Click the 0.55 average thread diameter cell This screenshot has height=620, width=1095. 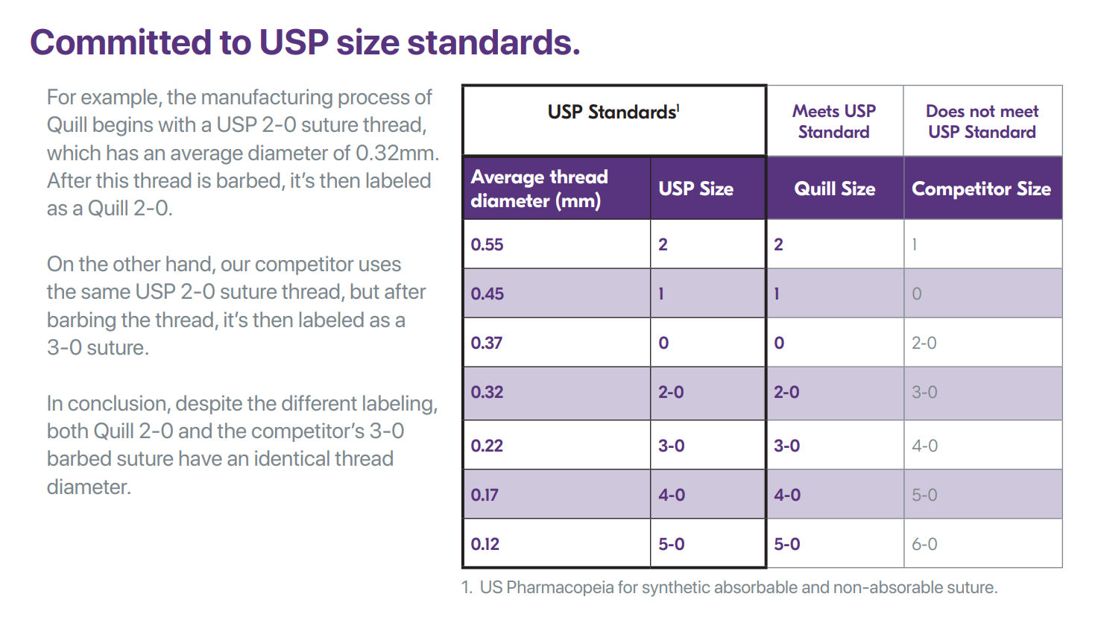(487, 244)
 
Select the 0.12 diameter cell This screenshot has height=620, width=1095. (485, 544)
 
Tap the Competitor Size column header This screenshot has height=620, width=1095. (982, 189)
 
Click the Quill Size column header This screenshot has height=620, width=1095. (835, 189)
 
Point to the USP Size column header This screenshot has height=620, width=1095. (695, 189)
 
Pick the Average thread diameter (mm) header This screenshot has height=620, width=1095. (540, 189)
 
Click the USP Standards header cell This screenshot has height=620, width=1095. (613, 113)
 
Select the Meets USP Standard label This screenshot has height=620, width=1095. (834, 121)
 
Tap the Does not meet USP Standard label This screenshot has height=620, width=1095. (982, 121)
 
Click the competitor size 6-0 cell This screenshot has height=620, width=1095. (924, 544)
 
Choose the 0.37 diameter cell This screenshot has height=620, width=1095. (487, 343)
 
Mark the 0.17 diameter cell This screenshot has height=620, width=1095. (485, 495)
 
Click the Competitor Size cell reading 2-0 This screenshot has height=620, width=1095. (924, 343)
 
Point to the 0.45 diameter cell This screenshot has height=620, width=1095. (487, 294)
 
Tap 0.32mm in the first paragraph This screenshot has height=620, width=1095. (397, 153)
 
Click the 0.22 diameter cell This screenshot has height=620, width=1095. (487, 446)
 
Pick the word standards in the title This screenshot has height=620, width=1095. (493, 42)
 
